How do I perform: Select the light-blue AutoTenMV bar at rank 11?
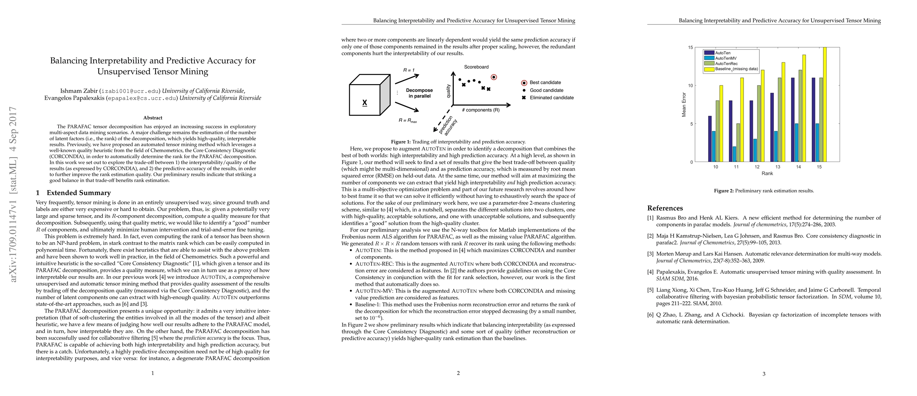(735, 154)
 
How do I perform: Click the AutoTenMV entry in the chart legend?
(726, 58)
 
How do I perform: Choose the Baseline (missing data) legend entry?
(737, 69)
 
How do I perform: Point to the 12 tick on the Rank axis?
(757, 167)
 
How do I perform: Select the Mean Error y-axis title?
(684, 105)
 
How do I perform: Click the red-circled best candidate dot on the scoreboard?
(494, 77)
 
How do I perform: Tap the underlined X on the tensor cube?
(364, 103)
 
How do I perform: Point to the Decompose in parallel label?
(419, 93)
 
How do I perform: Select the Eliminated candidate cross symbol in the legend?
(524, 98)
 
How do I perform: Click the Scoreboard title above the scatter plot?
(476, 67)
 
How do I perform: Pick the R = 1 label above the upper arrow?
(409, 70)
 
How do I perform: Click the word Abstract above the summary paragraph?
(153, 118)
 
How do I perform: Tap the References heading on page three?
(665, 208)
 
